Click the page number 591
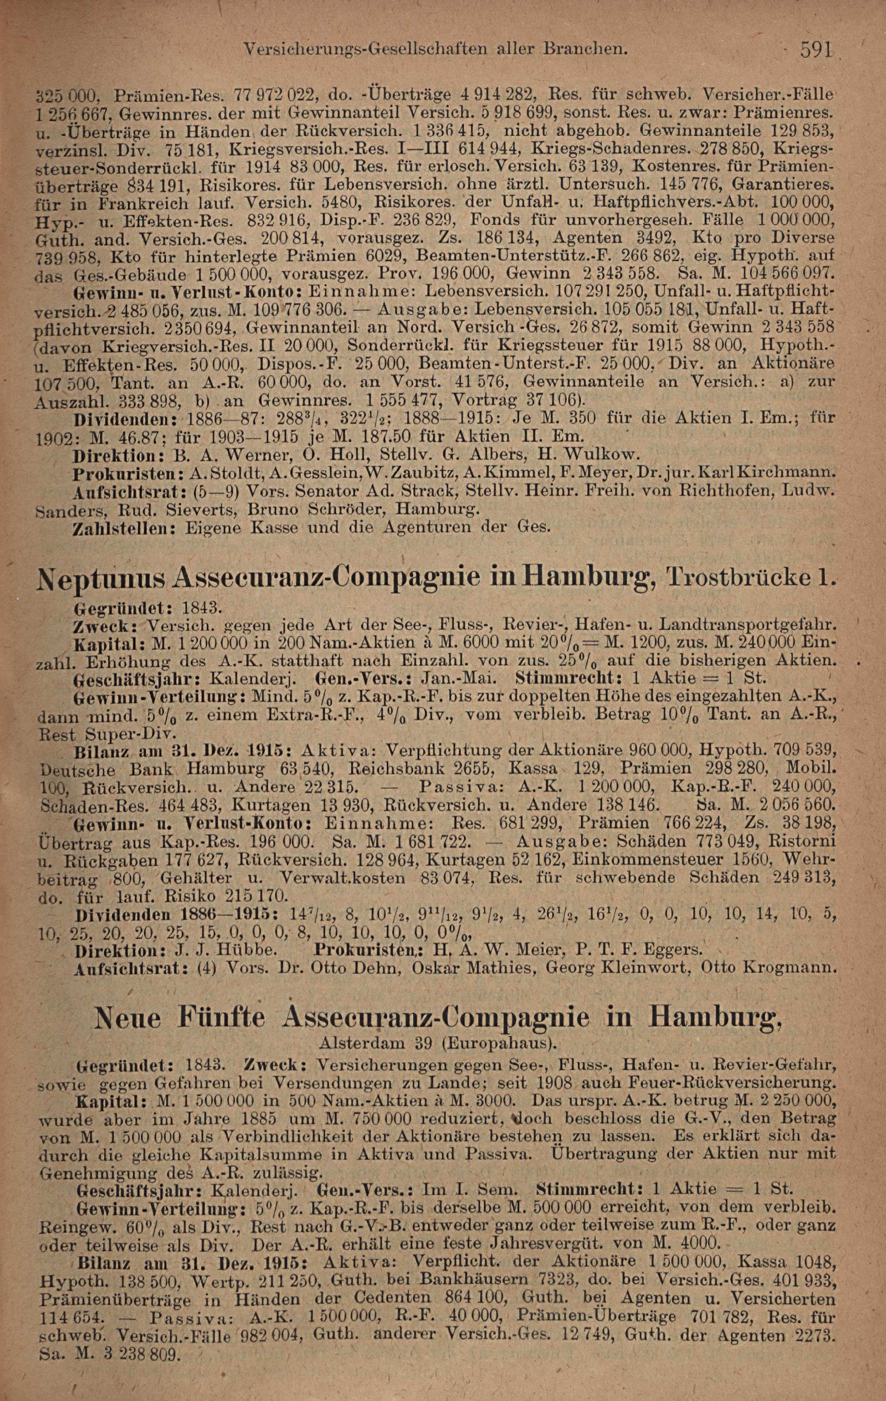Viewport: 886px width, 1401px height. tap(817, 50)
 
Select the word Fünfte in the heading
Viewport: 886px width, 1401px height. tap(222, 1018)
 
